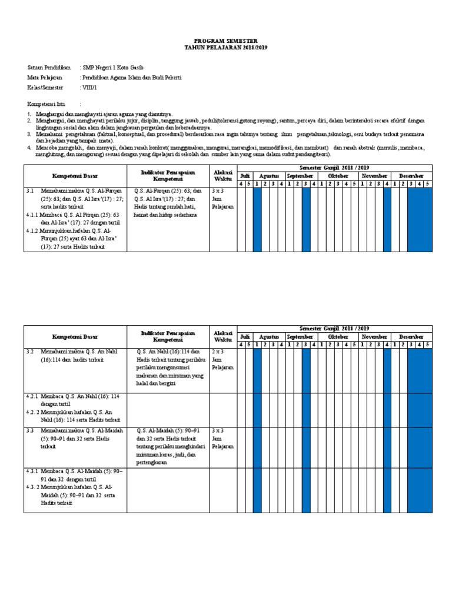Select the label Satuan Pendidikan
click(49, 68)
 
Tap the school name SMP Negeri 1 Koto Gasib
click(112, 68)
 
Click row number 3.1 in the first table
click(31, 191)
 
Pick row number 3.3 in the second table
click(31, 430)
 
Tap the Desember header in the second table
click(411, 337)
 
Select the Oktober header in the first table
click(338, 176)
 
